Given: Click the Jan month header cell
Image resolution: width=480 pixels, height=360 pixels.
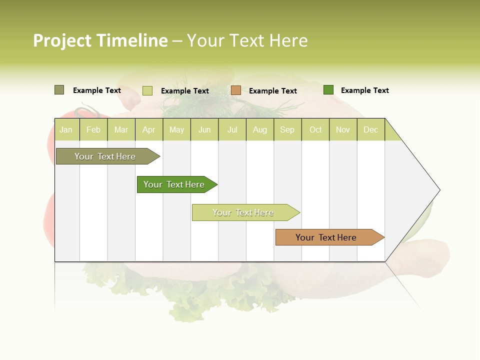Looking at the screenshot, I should [66, 129].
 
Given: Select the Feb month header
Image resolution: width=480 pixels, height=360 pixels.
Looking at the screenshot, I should [93, 129].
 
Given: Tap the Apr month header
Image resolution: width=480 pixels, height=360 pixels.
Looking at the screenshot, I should [149, 129].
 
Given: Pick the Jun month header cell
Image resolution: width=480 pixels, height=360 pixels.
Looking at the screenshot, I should [204, 129].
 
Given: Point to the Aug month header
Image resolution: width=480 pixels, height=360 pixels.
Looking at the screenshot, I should [260, 129].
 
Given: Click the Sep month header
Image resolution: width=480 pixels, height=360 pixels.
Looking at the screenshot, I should [287, 129].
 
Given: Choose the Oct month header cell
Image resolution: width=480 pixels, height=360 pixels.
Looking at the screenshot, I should [315, 129].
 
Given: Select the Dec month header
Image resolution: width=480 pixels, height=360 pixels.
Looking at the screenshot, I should [371, 129].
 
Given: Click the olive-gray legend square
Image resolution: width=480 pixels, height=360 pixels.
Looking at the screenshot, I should [59, 90].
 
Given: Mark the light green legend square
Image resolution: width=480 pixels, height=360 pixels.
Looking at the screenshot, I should [147, 90].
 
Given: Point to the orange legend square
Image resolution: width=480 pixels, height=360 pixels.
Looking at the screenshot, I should [236, 90].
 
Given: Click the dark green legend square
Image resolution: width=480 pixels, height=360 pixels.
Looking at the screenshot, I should [328, 90].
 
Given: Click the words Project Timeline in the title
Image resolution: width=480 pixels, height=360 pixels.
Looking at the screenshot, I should [100, 40].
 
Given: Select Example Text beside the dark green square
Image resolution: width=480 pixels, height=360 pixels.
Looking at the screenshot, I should [364, 90].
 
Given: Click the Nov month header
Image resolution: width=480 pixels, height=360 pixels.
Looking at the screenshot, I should [343, 129].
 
